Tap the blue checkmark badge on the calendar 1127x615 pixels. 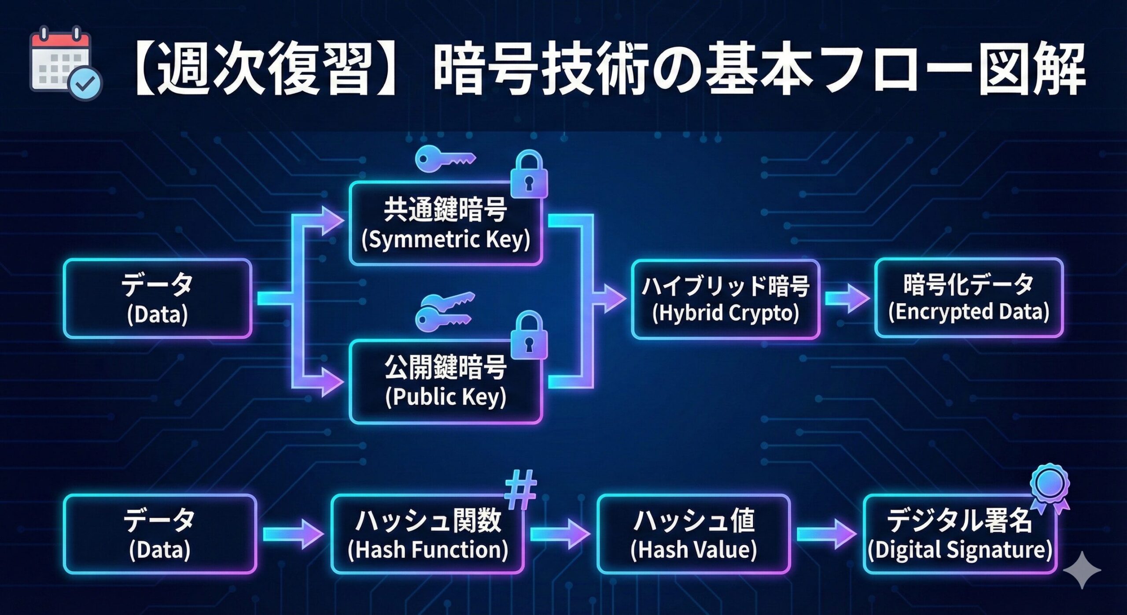point(86,83)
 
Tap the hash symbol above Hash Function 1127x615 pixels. point(521,489)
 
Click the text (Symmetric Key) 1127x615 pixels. point(446,240)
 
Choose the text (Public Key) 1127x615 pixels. point(446,396)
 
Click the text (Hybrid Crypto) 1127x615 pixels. point(726,313)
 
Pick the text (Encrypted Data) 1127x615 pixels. point(969,312)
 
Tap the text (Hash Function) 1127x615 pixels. point(428,550)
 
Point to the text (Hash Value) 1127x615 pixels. point(694,550)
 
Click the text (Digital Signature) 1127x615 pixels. point(960,550)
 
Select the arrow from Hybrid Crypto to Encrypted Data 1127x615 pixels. point(847,298)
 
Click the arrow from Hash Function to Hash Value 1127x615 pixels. point(560,534)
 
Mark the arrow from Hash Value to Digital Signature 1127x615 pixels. point(826,534)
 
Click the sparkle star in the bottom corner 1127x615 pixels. point(1082,570)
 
